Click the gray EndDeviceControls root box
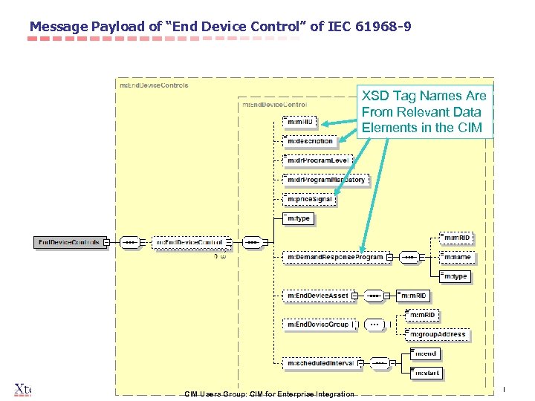click(x=69, y=243)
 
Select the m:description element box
click(x=311, y=141)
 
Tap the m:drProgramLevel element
click(x=318, y=160)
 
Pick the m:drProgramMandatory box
click(x=325, y=180)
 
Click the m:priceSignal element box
click(x=311, y=199)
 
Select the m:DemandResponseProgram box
click(x=336, y=257)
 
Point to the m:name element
click(x=458, y=257)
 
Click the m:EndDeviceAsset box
click(x=317, y=296)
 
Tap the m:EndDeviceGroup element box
click(x=318, y=324)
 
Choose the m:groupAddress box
click(x=438, y=334)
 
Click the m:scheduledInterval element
click(x=320, y=363)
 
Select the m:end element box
click(x=426, y=353)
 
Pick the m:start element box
click(x=428, y=372)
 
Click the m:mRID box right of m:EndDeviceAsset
click(x=414, y=296)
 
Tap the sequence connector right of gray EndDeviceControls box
click(x=129, y=243)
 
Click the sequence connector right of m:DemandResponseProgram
click(x=409, y=257)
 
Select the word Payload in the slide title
click(x=122, y=27)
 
